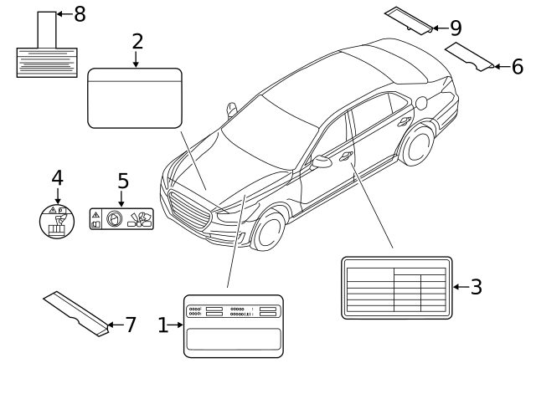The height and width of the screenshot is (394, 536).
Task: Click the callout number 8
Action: (80, 14)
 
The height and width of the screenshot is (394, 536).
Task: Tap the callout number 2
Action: (137, 42)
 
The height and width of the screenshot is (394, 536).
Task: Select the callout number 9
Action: (456, 28)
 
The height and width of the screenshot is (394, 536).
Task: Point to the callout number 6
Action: (517, 65)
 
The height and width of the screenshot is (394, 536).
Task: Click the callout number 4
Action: (57, 178)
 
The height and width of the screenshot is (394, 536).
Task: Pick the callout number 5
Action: (122, 182)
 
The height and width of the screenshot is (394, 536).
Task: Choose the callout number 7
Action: (130, 325)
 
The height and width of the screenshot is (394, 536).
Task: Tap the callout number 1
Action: (163, 325)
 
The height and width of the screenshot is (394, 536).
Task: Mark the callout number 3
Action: (476, 288)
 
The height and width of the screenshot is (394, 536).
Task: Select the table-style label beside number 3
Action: (396, 288)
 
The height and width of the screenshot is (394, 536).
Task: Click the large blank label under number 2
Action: (135, 98)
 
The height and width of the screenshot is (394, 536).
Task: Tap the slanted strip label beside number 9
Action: (410, 20)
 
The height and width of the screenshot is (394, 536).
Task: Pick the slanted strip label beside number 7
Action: (76, 312)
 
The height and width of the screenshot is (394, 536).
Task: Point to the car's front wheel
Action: (268, 230)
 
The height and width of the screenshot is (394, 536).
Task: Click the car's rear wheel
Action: (416, 146)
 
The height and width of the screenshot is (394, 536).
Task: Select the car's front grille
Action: (188, 209)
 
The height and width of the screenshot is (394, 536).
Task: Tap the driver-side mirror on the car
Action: (322, 162)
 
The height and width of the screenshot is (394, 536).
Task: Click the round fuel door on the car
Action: (421, 104)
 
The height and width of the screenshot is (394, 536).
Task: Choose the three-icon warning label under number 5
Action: (121, 219)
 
